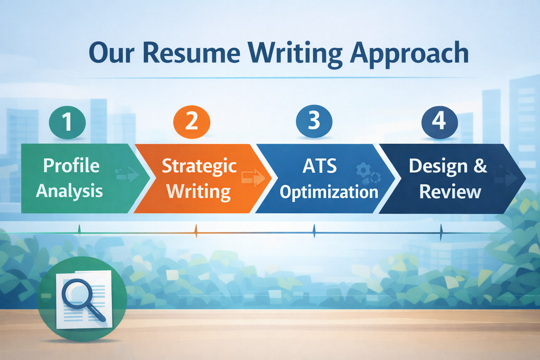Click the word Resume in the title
[x=192, y=53]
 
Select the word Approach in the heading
[x=409, y=53]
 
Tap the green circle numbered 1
[x=67, y=122]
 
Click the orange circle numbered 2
[x=192, y=122]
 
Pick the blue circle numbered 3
[x=314, y=121]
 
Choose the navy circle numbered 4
[x=439, y=121]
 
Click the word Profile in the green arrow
[x=71, y=166]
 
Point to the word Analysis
[x=69, y=191]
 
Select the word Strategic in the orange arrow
[x=199, y=166]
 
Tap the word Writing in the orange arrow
[x=198, y=192]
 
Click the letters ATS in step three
[x=320, y=166]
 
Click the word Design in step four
[x=438, y=166]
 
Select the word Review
[x=450, y=192]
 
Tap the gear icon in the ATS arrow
[x=363, y=170]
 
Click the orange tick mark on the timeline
[x=196, y=231]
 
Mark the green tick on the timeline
[x=79, y=230]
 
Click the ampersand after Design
[x=480, y=166]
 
